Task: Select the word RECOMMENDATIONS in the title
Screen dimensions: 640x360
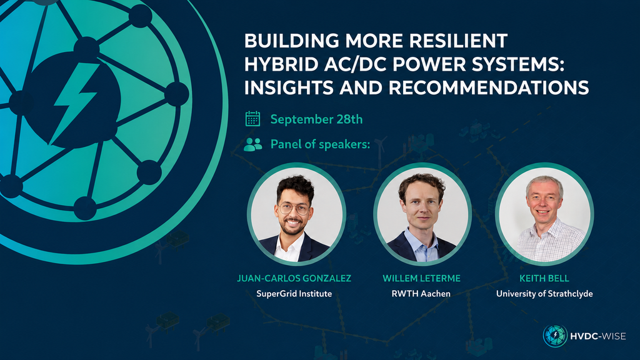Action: [x=488, y=87]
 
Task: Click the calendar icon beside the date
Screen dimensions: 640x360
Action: [x=252, y=119]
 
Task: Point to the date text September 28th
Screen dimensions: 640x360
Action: [x=316, y=119]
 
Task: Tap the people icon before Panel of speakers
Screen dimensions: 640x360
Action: [x=252, y=144]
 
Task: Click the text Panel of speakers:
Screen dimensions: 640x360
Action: [x=321, y=144]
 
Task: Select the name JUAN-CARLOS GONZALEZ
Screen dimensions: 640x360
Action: [x=294, y=278]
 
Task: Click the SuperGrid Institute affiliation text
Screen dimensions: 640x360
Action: [x=294, y=294]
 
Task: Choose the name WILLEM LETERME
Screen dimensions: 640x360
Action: [x=421, y=278]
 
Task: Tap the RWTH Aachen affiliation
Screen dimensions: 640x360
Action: [x=421, y=294]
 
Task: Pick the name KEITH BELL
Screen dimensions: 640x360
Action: [x=544, y=278]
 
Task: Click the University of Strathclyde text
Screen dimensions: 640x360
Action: [x=544, y=294]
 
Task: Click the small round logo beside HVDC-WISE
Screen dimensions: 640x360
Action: [x=555, y=336]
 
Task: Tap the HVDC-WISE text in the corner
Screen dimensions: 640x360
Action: [x=597, y=336]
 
